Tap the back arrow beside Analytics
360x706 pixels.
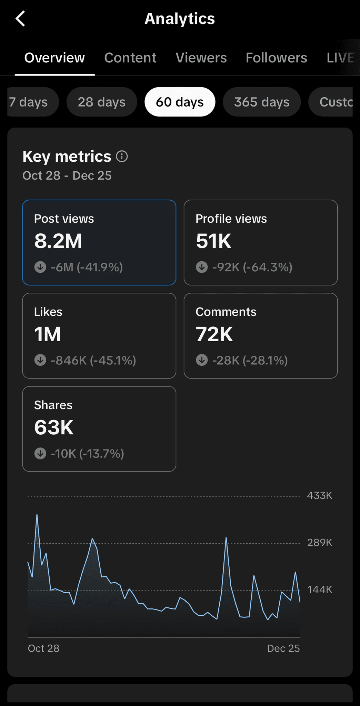click(20, 19)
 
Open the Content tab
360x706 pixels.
click(130, 58)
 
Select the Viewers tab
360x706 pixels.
click(201, 58)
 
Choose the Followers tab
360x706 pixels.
click(277, 58)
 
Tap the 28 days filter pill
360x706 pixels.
click(102, 102)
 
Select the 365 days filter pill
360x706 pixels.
click(262, 102)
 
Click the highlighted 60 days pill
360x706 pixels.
click(180, 102)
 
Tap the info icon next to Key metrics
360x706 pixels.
click(122, 157)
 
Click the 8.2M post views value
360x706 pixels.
click(58, 241)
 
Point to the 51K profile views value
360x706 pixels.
click(214, 241)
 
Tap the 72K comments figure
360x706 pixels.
click(214, 334)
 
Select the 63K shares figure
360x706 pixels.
click(54, 427)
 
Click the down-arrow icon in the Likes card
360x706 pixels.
click(40, 360)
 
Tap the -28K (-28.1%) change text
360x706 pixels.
click(250, 361)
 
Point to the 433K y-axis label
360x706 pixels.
click(320, 496)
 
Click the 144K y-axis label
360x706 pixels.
click(320, 590)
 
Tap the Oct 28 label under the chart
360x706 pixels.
click(43, 648)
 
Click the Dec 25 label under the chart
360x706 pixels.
click(283, 648)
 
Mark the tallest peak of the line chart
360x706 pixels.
click(37, 515)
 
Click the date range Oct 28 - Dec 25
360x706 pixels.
click(67, 176)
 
